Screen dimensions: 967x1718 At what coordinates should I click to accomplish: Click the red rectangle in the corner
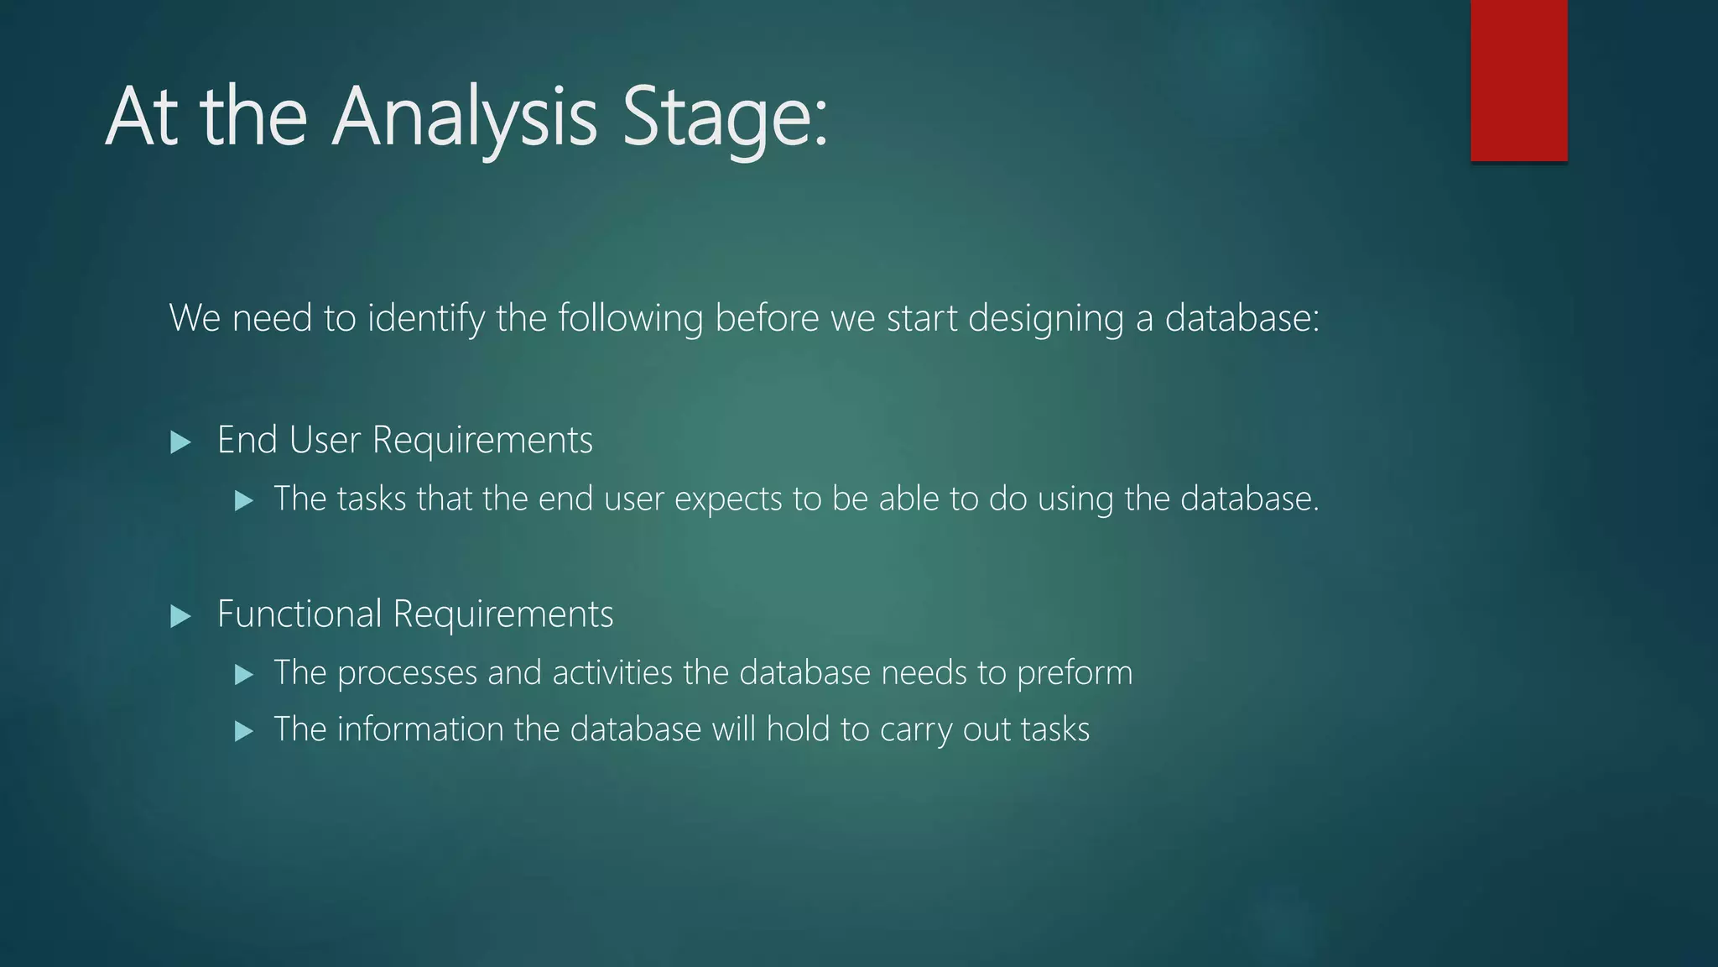pos(1518,80)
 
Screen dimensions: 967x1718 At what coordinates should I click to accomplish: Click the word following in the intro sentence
pos(630,318)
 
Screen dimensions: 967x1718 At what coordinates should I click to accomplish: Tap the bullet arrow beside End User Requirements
pos(180,442)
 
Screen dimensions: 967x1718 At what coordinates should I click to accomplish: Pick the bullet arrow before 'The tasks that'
pos(244,501)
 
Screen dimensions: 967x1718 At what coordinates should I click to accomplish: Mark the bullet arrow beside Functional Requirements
pos(180,617)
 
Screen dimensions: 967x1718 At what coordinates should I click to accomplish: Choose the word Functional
pos(299,614)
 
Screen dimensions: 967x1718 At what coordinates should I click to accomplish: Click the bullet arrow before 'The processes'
pos(244,675)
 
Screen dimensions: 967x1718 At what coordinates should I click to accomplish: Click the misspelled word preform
pos(1075,673)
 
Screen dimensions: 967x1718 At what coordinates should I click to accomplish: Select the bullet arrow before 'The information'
pos(244,731)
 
